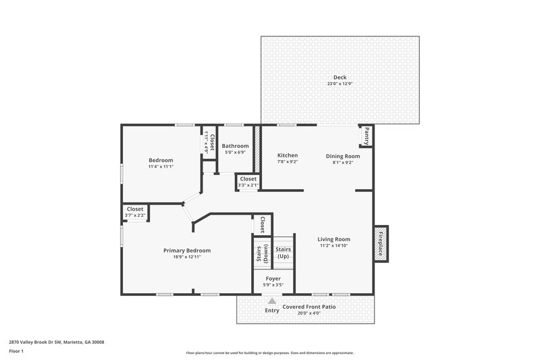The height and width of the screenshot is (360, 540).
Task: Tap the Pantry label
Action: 367,136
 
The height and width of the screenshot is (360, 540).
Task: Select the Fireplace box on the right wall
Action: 381,244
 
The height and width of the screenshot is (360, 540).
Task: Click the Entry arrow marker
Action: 272,301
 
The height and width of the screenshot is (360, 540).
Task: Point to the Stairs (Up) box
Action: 282,253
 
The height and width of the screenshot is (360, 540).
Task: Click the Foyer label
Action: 273,278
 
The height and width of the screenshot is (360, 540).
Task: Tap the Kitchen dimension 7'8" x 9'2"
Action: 287,162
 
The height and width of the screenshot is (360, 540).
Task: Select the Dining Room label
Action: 343,156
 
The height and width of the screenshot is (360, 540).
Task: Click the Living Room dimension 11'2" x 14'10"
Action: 334,246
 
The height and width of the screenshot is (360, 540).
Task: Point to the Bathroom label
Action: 236,146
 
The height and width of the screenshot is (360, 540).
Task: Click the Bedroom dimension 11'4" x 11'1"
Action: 161,167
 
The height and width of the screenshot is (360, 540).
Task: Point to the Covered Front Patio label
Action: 309,307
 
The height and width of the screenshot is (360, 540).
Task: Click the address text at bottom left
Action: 56,342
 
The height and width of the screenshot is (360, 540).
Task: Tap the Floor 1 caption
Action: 16,351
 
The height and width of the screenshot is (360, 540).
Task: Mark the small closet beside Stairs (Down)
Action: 262,225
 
